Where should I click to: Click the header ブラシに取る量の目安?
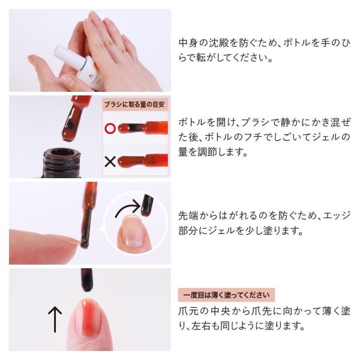136,103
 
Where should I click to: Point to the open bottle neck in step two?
64,162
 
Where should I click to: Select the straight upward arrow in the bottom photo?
55,319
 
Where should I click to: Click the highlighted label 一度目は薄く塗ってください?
227,295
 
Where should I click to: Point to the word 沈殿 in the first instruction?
223,43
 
